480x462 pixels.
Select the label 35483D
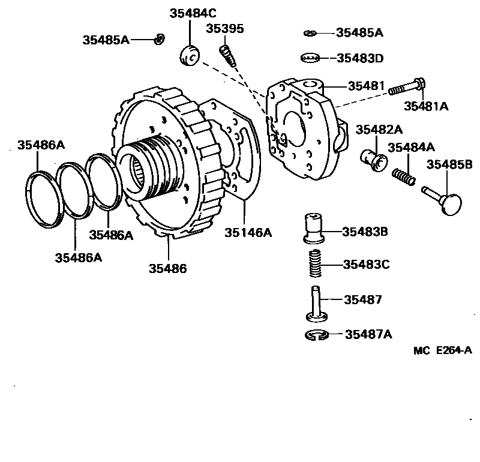tap(359, 58)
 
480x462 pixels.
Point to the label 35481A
tap(426, 106)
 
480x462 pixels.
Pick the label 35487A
tap(368, 334)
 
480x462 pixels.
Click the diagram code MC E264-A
tap(443, 350)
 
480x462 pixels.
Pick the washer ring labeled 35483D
tap(308, 58)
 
